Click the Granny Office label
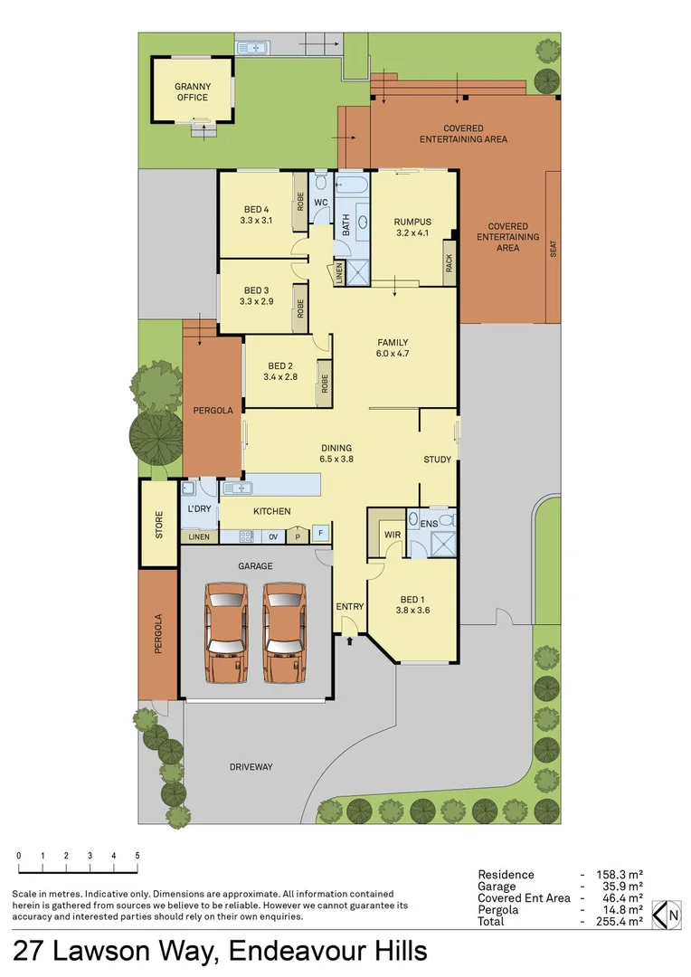[192, 91]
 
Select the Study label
[438, 460]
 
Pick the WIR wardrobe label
[393, 535]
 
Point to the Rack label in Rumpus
[449, 262]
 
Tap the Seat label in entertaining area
[554, 249]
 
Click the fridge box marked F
[319, 533]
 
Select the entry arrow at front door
[350, 642]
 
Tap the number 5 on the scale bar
[137, 855]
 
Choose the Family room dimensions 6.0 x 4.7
[393, 354]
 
